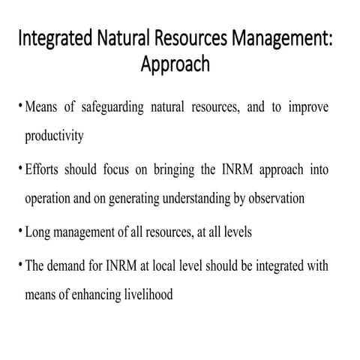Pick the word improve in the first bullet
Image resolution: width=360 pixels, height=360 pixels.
[x=307, y=108]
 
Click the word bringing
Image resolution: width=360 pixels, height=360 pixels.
[x=171, y=170]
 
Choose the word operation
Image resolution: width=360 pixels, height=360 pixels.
[x=50, y=198]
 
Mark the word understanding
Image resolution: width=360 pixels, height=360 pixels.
[x=196, y=198]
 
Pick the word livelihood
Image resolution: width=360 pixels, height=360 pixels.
[x=145, y=295]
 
